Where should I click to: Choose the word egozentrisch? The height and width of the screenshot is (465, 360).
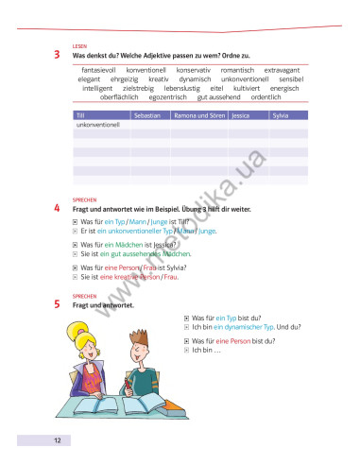point(168,97)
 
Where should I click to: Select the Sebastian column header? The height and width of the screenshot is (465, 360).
point(148,114)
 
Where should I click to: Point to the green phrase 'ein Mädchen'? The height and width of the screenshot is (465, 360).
point(124,244)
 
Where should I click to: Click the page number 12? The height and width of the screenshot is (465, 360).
point(58,441)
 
